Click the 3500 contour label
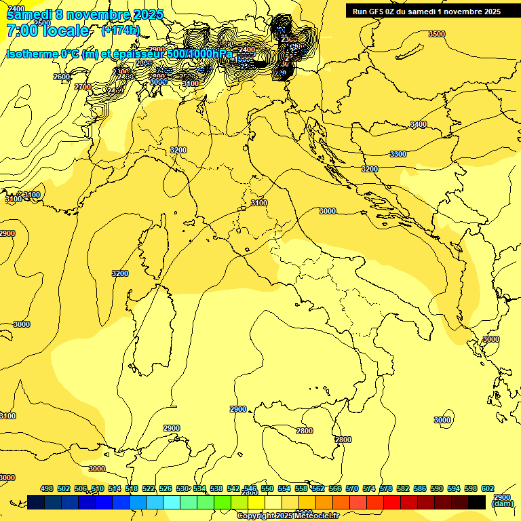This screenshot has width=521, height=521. [x=437, y=34]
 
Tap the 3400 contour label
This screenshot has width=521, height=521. [x=419, y=124]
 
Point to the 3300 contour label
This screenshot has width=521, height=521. [x=398, y=154]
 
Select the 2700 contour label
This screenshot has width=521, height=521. [x=83, y=87]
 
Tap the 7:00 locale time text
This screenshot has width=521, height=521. [x=47, y=31]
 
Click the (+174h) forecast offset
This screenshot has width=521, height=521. [x=120, y=31]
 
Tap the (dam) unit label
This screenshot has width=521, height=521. [x=502, y=503]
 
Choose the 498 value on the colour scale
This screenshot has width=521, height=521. [x=47, y=488]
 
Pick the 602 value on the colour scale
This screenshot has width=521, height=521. [x=488, y=488]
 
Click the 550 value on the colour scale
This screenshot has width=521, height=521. [x=267, y=488]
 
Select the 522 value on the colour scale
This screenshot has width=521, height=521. [x=149, y=488]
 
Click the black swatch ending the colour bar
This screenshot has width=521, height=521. [x=477, y=502]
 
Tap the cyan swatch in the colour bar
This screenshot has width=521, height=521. [x=172, y=502]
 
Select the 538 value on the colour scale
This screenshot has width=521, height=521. [x=216, y=488]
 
